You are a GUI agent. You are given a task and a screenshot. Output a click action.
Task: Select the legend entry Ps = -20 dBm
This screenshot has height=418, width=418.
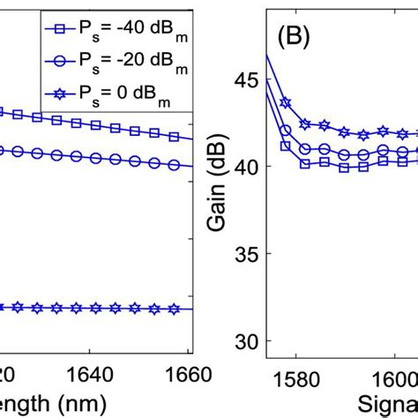pos(122,61)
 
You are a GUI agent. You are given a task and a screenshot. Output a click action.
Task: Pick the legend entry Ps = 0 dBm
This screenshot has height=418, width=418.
pos(122,93)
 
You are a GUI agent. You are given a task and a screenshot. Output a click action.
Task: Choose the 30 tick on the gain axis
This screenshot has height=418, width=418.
pos(250,341)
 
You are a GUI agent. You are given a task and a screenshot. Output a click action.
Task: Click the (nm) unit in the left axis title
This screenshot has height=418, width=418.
pos(84,404)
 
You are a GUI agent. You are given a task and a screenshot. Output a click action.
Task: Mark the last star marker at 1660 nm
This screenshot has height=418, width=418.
pos(174,309)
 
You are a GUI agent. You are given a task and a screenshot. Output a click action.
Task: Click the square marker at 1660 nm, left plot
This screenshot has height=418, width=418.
pos(174,137)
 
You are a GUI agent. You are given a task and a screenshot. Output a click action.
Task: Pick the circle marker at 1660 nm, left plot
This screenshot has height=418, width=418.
pos(174,165)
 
